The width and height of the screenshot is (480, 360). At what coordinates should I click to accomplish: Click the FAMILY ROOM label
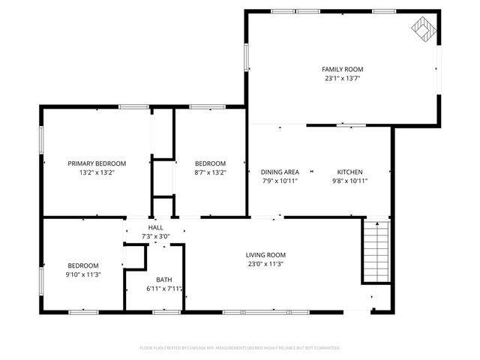coord(343,69)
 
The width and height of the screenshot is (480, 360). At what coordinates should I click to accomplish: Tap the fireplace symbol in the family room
coord(423,28)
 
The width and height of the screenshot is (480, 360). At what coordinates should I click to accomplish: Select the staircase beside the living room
coord(376,250)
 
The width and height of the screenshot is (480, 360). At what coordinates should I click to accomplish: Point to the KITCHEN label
coord(349,172)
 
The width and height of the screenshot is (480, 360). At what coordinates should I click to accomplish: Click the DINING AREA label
coord(280,172)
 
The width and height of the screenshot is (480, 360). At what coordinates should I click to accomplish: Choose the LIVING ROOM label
coord(265,255)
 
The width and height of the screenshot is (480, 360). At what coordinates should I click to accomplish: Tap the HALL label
coord(155,227)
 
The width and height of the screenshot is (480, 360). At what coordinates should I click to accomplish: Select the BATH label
coord(163,279)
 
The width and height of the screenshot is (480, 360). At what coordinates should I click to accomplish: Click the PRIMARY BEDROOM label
coord(97,163)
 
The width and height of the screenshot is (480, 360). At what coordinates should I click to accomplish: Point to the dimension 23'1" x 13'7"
coord(343,78)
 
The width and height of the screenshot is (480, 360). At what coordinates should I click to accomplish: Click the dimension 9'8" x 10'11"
coord(349,181)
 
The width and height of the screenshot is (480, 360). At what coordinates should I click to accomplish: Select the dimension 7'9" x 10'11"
coord(280,181)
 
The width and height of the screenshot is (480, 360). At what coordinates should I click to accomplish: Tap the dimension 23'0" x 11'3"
coord(265,264)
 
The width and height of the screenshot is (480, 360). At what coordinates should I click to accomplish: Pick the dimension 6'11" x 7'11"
coord(164,289)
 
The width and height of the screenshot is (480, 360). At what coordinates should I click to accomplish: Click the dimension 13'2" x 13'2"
coord(97,172)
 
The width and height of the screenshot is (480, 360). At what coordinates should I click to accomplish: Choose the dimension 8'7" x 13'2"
coord(210,172)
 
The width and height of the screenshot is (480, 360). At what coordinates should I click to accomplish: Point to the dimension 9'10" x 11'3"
coord(82,274)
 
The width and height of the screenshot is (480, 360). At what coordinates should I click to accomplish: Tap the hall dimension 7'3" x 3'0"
coord(155,236)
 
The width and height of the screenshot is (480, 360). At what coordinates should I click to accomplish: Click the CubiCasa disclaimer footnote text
coord(240,348)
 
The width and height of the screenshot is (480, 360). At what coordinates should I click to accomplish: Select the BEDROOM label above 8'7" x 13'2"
coord(210,163)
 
